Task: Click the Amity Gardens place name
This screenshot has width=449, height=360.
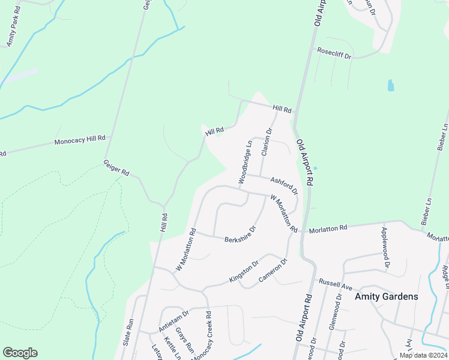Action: pos(386,296)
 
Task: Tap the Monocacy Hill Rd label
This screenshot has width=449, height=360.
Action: pos(80,142)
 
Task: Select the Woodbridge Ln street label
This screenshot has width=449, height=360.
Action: pos(244,162)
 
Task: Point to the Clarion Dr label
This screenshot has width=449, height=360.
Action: pos(267,142)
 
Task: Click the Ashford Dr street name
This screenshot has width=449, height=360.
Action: pos(284,185)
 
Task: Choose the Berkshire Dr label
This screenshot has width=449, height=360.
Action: pos(241,235)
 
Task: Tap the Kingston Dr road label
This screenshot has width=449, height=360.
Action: pos(243,272)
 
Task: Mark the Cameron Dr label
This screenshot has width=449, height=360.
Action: pos(274,271)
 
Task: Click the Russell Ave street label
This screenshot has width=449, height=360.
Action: pos(333,282)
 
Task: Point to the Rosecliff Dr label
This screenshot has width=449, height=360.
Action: pos(334,52)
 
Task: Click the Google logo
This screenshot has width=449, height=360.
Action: pos(20,353)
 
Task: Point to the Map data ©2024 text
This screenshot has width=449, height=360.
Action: pos(423,355)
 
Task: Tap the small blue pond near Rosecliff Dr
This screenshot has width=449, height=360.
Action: pos(391,85)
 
